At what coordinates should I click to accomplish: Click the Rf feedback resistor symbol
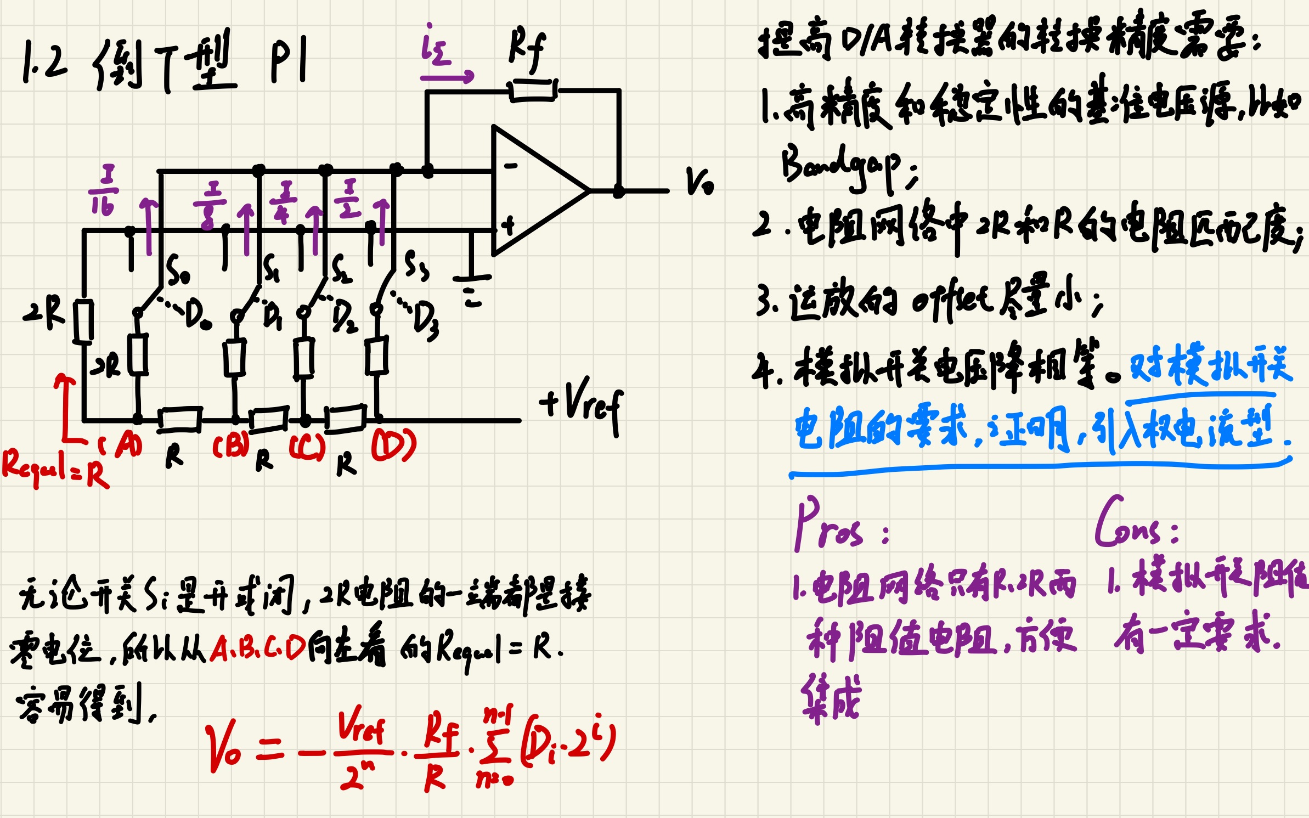coord(533,90)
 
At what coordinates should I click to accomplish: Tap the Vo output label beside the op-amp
coord(699,181)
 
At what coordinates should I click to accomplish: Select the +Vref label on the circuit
coord(582,405)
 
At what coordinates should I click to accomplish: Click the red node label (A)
coord(122,444)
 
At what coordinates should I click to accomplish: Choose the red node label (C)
coord(307,447)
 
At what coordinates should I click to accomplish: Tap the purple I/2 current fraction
coord(349,199)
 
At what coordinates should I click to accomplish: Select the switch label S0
coord(178,270)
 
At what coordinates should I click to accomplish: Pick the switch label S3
coord(416,266)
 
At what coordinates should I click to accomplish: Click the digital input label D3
coord(426,321)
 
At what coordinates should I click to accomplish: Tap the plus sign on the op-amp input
coord(509,224)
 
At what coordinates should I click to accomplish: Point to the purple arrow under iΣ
coord(447,76)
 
